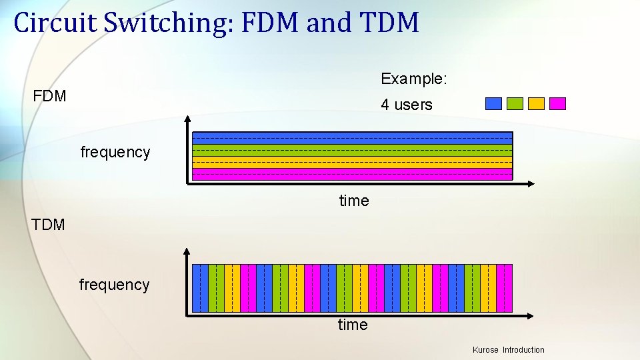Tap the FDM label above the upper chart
tap(50, 96)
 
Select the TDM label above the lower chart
tap(48, 225)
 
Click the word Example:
tap(414, 79)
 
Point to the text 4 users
tap(407, 105)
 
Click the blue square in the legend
tap(493, 103)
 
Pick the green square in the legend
tap(515, 103)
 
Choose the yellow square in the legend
tap(536, 103)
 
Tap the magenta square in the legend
tap(557, 103)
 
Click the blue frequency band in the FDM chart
tap(352, 138)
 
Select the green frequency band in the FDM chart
tap(352, 150)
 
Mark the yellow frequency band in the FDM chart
tap(352, 162)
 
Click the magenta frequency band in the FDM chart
tap(352, 174)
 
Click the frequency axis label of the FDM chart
tap(115, 152)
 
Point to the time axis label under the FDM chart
tap(354, 201)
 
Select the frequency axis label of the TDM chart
tap(114, 285)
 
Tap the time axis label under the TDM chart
tap(353, 325)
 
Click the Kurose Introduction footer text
tap(508, 350)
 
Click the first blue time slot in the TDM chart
tap(200, 288)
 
